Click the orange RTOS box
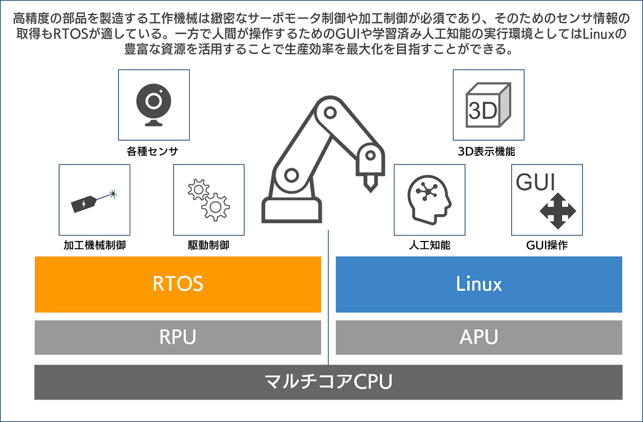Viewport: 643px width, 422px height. [x=178, y=284]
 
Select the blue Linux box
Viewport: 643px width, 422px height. [x=478, y=284]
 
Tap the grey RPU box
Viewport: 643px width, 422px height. [x=178, y=337]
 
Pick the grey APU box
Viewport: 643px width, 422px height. [x=478, y=337]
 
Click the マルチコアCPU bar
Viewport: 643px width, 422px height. [x=328, y=382]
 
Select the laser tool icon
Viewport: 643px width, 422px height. [x=94, y=200]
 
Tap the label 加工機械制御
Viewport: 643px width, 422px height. [x=94, y=246]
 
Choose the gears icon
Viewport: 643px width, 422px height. [x=208, y=199]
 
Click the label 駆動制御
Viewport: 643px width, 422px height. [x=208, y=246]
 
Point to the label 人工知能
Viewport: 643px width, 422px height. [x=429, y=246]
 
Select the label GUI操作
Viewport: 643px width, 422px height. [x=547, y=246]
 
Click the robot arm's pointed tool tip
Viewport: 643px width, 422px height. [x=369, y=184]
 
